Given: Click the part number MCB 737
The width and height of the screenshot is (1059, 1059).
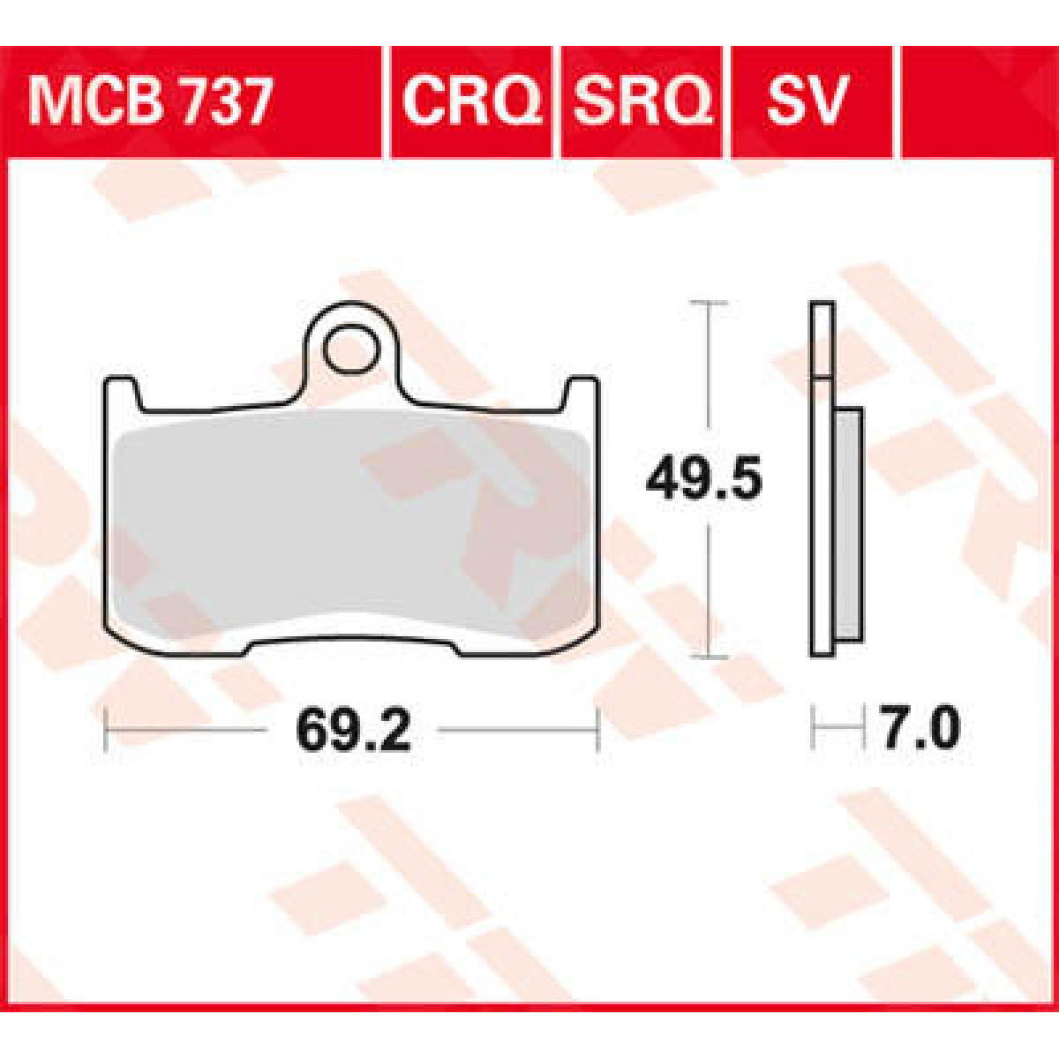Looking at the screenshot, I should [x=150, y=101].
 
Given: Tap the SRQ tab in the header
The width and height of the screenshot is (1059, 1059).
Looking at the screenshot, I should [x=642, y=101].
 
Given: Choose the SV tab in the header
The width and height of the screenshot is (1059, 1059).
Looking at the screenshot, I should [x=806, y=101].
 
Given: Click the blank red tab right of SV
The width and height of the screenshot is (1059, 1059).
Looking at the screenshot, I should [x=975, y=101].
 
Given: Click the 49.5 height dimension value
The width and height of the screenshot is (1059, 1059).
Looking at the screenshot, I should [x=703, y=480].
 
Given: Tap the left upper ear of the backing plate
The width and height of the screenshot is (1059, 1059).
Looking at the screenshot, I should [x=121, y=393].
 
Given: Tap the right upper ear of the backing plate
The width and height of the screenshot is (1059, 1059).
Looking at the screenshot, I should [x=582, y=393].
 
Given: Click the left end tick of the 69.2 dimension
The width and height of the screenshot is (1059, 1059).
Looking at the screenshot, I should [x=106, y=730].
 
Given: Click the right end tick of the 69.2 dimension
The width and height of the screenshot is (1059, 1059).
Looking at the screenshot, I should [x=598, y=730].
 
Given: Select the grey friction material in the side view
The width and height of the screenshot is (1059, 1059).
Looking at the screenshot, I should [x=847, y=525].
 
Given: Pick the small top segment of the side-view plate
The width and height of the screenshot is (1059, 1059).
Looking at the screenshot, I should [x=822, y=340].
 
